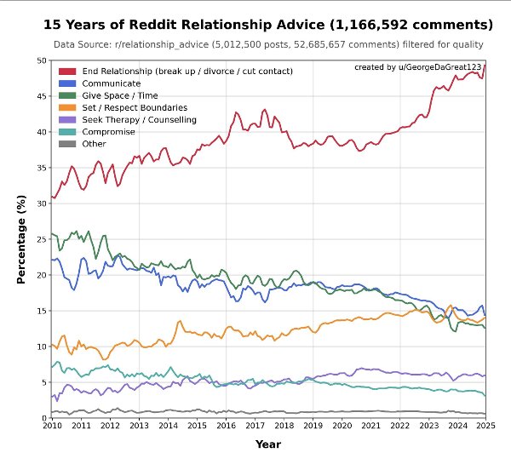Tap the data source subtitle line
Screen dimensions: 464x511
(x=268, y=44)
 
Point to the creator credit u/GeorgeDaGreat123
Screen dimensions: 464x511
(x=417, y=66)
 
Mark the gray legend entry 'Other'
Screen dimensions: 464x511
(x=94, y=143)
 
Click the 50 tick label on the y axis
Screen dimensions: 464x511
(x=41, y=60)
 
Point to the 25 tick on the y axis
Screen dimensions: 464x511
(x=41, y=239)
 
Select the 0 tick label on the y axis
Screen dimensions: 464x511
(x=43, y=418)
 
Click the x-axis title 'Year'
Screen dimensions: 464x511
(x=268, y=444)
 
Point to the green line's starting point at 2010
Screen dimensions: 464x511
(x=52, y=233)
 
